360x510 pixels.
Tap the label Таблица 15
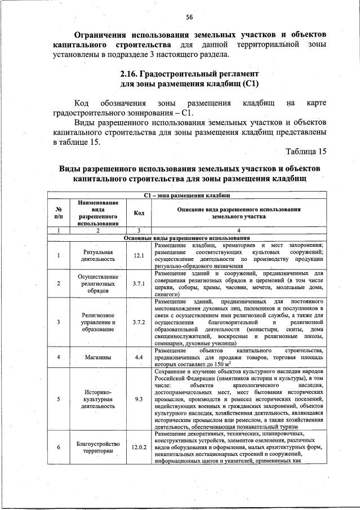(306, 152)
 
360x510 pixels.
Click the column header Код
(139, 212)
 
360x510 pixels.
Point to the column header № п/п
(58, 212)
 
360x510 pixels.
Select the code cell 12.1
(139, 255)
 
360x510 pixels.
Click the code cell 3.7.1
(139, 283)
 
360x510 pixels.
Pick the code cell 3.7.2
(139, 322)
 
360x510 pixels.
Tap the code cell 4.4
(139, 357)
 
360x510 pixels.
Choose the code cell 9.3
(139, 398)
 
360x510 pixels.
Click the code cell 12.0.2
(139, 447)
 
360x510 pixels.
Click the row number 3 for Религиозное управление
(58, 322)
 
